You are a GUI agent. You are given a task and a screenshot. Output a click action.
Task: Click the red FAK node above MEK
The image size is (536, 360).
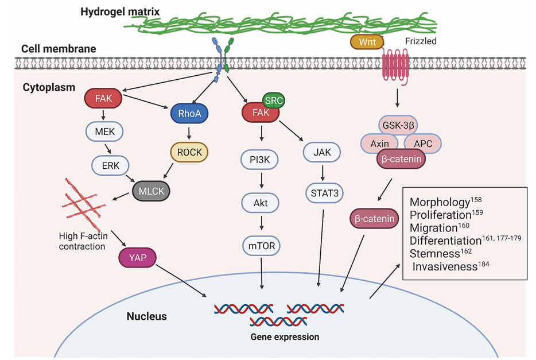pos(103,98)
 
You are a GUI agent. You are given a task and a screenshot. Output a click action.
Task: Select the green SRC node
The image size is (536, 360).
pos(274,100)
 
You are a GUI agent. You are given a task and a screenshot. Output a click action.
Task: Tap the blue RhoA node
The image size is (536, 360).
pos(189,114)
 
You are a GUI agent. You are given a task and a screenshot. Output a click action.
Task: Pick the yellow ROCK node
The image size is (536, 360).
pos(189,152)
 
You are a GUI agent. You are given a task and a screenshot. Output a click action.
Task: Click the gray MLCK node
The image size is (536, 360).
pos(152,191)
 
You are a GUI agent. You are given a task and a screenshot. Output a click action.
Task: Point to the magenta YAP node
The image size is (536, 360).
pos(137,257)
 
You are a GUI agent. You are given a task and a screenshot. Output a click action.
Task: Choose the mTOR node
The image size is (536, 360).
pos(262,246)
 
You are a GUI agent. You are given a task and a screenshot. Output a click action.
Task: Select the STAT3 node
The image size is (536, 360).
pos(324,193)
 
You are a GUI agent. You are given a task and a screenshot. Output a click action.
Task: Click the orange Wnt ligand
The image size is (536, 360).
pos(367,42)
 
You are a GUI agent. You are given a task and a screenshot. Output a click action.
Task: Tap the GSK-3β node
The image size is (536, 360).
pos(398,126)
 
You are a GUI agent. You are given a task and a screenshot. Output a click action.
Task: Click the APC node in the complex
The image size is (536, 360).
pos(423,144)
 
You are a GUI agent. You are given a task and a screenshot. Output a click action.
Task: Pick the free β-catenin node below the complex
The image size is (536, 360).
pos(374,218)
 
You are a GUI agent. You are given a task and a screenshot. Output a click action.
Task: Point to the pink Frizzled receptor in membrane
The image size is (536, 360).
pos(395,64)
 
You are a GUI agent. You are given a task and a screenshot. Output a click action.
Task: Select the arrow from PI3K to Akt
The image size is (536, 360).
pos(262,180)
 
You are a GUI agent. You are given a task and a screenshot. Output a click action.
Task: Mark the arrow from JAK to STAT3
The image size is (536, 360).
pos(322,173)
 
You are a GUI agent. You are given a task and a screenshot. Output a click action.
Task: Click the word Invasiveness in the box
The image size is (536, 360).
pos(445,266)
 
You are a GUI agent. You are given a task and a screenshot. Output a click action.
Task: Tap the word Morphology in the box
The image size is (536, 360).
pos(440,202)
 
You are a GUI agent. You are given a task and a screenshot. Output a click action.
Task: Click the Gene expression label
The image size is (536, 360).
pos(285,337)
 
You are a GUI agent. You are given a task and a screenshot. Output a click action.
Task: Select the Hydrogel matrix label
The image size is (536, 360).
pos(120,12)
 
